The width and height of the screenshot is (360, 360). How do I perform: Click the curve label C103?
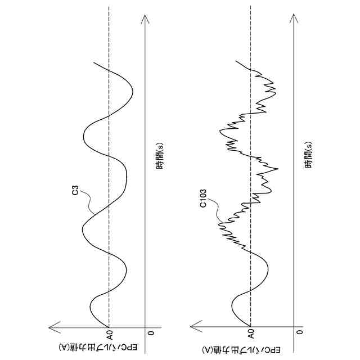[204, 200]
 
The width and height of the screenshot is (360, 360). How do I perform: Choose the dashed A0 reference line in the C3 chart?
[109, 169]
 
